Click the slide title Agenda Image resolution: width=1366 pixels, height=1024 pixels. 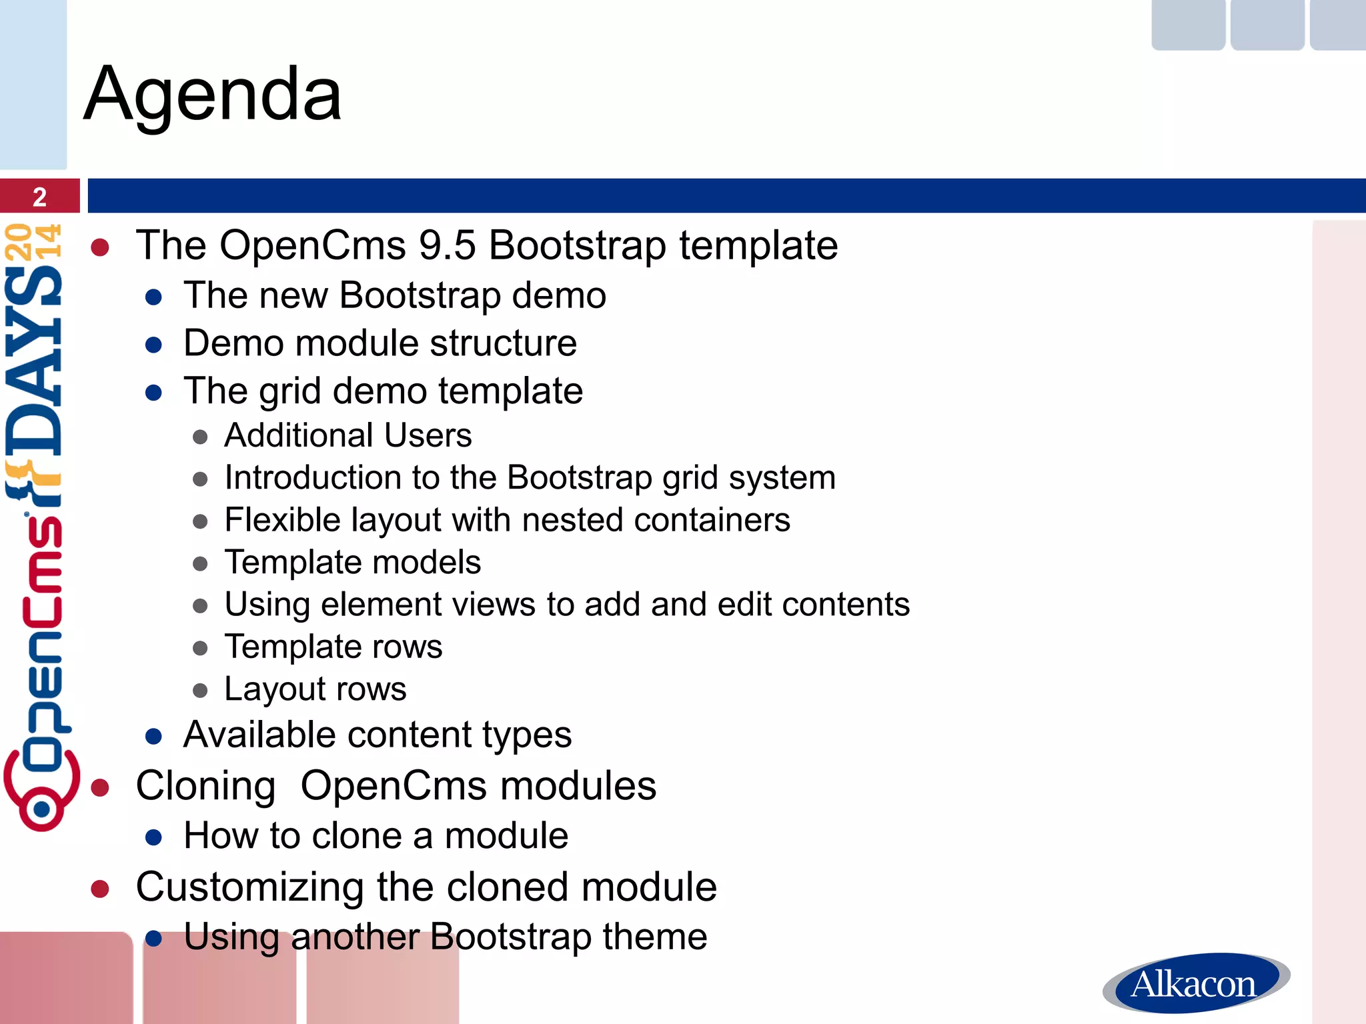point(213,95)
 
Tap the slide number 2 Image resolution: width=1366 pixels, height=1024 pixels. point(39,197)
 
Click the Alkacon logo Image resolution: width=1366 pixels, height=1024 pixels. point(1195,983)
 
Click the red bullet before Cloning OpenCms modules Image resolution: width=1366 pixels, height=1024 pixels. point(100,787)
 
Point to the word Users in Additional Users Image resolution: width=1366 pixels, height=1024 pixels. point(428,435)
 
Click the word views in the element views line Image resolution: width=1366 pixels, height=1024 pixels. point(491,605)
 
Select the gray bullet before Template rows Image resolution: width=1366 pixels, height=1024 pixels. point(200,648)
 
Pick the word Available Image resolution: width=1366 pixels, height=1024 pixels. point(259,735)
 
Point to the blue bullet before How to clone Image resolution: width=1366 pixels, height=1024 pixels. point(154,837)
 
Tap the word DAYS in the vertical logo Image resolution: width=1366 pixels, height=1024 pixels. point(33,360)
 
